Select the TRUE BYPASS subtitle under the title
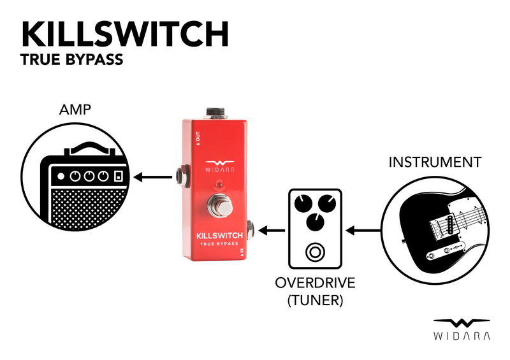point(71,62)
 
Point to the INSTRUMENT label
point(434,162)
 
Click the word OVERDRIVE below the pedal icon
point(314,282)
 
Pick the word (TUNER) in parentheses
point(314,299)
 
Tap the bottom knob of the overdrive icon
point(314,222)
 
